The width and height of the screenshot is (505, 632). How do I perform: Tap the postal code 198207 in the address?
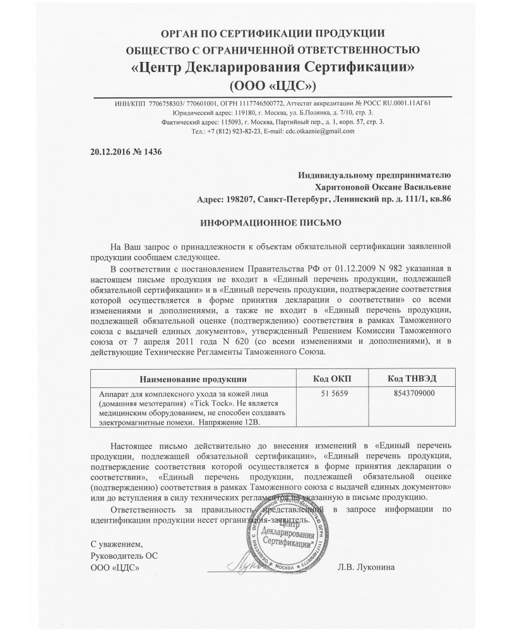(x=239, y=199)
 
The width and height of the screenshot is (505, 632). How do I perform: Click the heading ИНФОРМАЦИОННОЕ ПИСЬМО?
(x=252, y=222)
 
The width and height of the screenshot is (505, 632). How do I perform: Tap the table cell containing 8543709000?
(x=408, y=393)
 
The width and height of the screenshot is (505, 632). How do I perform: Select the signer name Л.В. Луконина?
(x=368, y=568)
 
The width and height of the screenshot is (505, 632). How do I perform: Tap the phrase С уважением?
(x=117, y=544)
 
